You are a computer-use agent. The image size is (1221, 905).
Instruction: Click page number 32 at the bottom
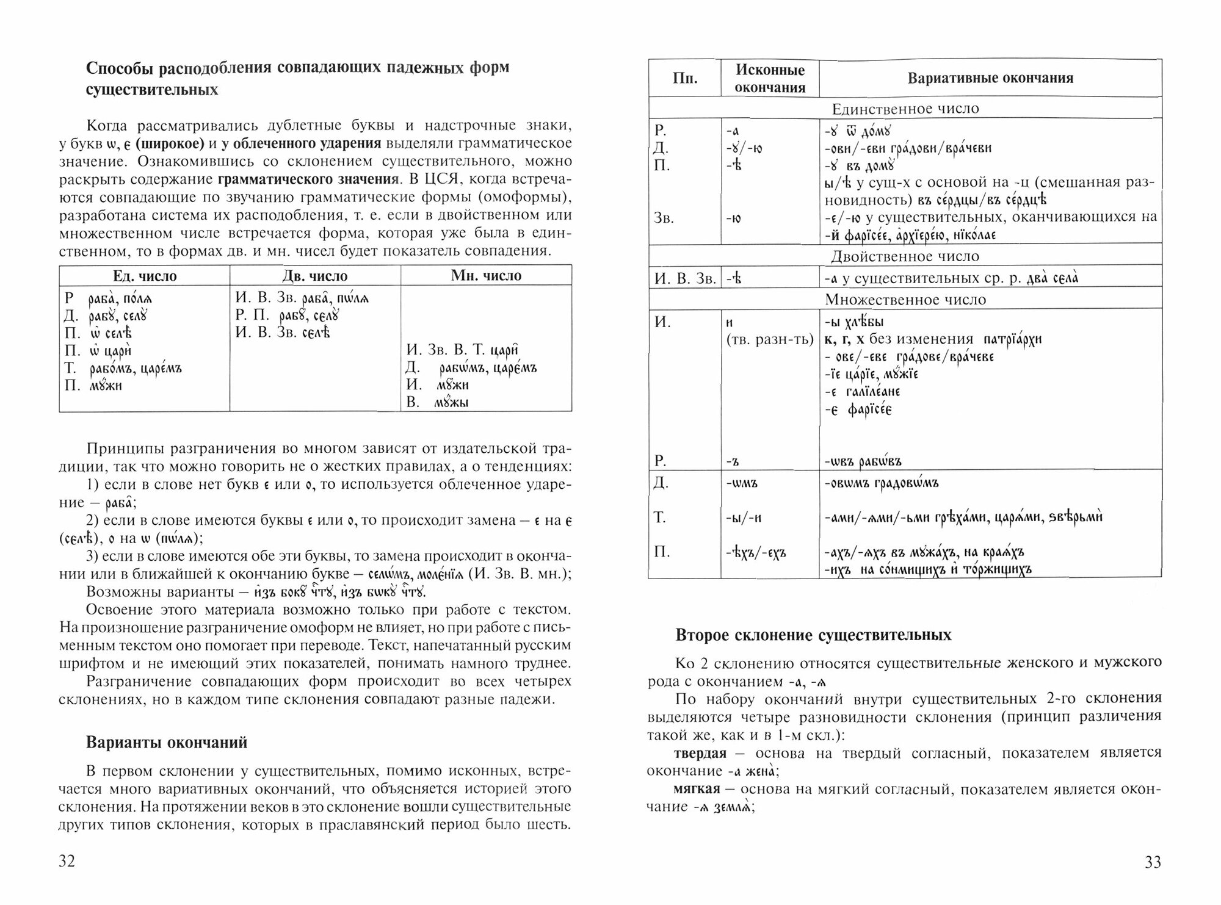point(67,862)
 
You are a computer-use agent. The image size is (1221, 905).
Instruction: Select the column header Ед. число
point(145,276)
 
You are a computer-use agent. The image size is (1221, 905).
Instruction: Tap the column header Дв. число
point(315,276)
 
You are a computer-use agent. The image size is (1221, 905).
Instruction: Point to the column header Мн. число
point(486,276)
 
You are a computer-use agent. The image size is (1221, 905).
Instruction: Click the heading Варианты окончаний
point(167,743)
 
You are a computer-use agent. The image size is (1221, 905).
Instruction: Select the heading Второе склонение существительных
point(813,635)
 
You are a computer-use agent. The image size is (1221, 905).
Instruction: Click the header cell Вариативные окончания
point(990,78)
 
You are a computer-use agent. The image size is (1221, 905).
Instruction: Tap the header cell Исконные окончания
point(770,79)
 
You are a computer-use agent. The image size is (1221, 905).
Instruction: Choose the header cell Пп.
point(685,79)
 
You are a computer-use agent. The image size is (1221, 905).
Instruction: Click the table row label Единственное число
point(905,109)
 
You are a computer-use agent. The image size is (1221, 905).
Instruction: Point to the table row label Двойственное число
point(905,256)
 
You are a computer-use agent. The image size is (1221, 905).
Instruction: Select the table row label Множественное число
point(905,300)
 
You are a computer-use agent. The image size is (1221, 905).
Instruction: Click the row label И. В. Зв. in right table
point(684,279)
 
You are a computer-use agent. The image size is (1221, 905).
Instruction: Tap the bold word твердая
point(700,753)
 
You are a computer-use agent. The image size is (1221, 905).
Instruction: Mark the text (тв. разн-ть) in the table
point(770,340)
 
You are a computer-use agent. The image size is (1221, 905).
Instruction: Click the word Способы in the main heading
point(120,67)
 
